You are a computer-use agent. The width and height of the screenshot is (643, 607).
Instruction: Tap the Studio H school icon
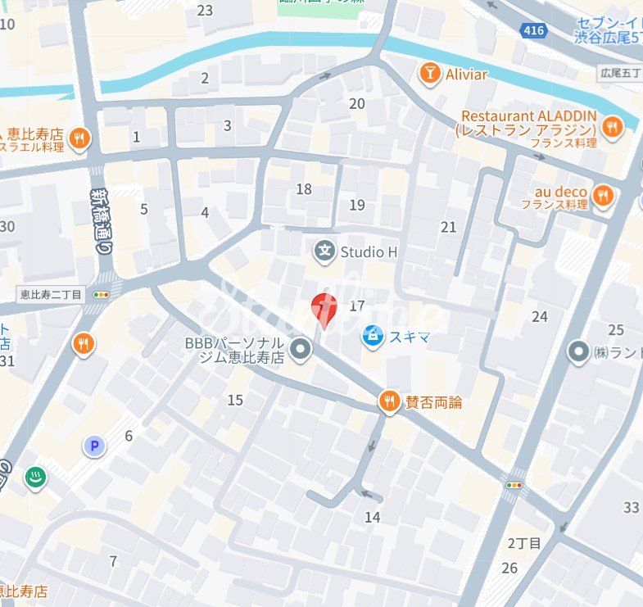tap(325, 251)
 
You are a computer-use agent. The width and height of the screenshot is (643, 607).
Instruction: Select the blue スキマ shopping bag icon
tap(373, 336)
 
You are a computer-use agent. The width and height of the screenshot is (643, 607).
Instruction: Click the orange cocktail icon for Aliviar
tap(428, 75)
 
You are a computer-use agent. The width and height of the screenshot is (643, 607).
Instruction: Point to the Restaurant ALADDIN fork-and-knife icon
tap(611, 126)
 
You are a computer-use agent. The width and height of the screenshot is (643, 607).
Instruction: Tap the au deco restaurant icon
tap(603, 195)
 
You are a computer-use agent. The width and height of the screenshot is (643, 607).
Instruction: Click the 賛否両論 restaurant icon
tap(389, 401)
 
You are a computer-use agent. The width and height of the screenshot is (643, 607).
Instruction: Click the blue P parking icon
tap(94, 446)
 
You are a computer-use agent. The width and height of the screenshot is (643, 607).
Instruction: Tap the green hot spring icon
tap(35, 478)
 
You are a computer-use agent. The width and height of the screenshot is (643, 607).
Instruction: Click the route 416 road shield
tap(532, 30)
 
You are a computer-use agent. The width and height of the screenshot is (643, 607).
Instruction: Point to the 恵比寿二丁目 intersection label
tap(50, 294)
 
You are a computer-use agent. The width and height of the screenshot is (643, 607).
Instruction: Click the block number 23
tap(205, 10)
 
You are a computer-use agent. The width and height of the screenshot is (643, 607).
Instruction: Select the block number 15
tap(235, 400)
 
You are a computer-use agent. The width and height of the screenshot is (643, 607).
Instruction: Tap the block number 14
tap(373, 517)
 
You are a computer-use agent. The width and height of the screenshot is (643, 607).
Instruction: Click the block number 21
tap(448, 227)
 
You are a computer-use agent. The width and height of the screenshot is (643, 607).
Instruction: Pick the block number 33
tap(631, 507)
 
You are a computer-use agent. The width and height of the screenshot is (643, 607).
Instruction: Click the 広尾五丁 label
tap(620, 74)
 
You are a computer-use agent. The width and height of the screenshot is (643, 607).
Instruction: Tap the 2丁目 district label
tap(525, 543)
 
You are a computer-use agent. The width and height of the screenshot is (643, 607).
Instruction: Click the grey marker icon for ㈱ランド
tap(579, 352)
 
